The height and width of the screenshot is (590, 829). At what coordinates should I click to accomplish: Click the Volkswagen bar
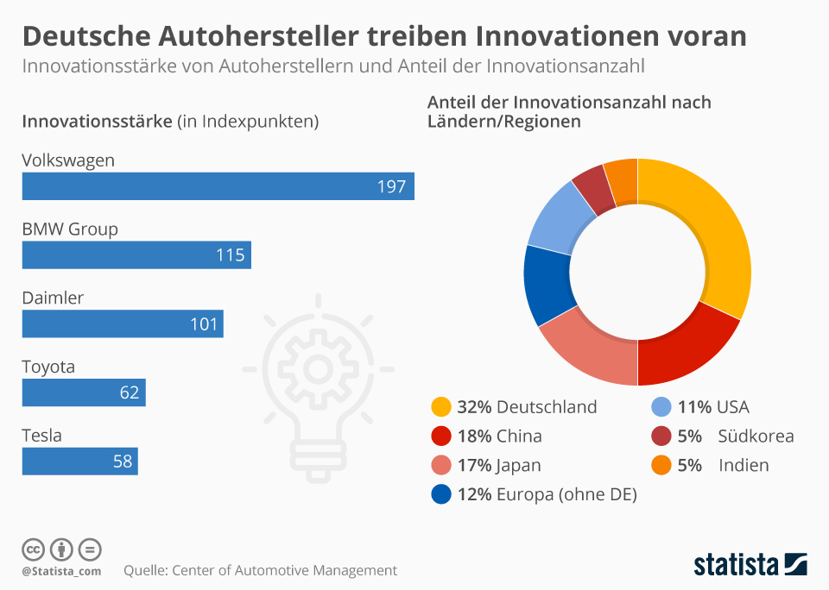(218, 186)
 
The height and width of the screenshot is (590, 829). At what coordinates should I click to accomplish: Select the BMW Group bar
(136, 255)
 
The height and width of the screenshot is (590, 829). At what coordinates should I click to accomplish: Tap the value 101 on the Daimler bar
(205, 324)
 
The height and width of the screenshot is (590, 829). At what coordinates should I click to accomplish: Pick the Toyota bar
(84, 392)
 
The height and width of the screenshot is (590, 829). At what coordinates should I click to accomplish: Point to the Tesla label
(41, 436)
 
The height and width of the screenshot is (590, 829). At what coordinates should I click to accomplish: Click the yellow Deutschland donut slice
(713, 242)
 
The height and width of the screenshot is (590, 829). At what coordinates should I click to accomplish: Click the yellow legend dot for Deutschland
(440, 407)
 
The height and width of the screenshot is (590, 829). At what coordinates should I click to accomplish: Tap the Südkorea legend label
(756, 436)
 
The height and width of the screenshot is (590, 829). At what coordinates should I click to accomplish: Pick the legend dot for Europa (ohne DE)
(440, 495)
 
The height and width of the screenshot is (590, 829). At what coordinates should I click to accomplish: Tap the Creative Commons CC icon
(33, 549)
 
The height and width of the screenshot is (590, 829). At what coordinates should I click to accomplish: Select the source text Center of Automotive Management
(285, 570)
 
